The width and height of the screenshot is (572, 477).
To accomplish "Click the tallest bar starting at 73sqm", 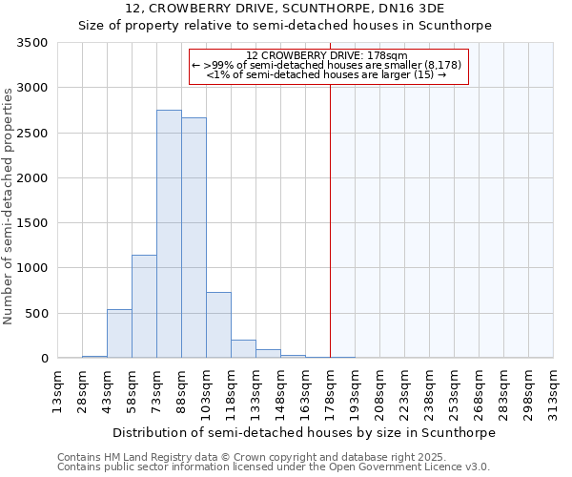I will click(169, 234).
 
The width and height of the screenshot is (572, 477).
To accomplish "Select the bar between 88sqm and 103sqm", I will click(194, 238).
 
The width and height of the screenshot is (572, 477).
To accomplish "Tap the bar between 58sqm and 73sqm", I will click(144, 306).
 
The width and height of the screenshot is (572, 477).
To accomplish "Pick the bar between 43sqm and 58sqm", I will click(119, 334).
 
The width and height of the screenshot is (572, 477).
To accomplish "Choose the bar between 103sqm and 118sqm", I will click(218, 325).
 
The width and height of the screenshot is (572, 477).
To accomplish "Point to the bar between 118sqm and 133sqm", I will click(243, 349).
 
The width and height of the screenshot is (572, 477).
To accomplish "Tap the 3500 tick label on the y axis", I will click(31, 43).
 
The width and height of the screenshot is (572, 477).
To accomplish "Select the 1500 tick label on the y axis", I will click(31, 223).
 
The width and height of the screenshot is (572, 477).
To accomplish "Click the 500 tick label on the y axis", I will click(36, 314).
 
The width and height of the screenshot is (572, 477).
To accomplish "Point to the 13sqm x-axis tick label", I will click(57, 390).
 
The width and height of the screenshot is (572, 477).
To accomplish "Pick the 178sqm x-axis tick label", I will click(330, 390).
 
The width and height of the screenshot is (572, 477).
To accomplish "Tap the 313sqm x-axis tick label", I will click(553, 390).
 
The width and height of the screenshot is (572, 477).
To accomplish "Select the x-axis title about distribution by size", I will click(304, 432).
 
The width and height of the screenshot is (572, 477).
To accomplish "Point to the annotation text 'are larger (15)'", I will click(395, 74).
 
